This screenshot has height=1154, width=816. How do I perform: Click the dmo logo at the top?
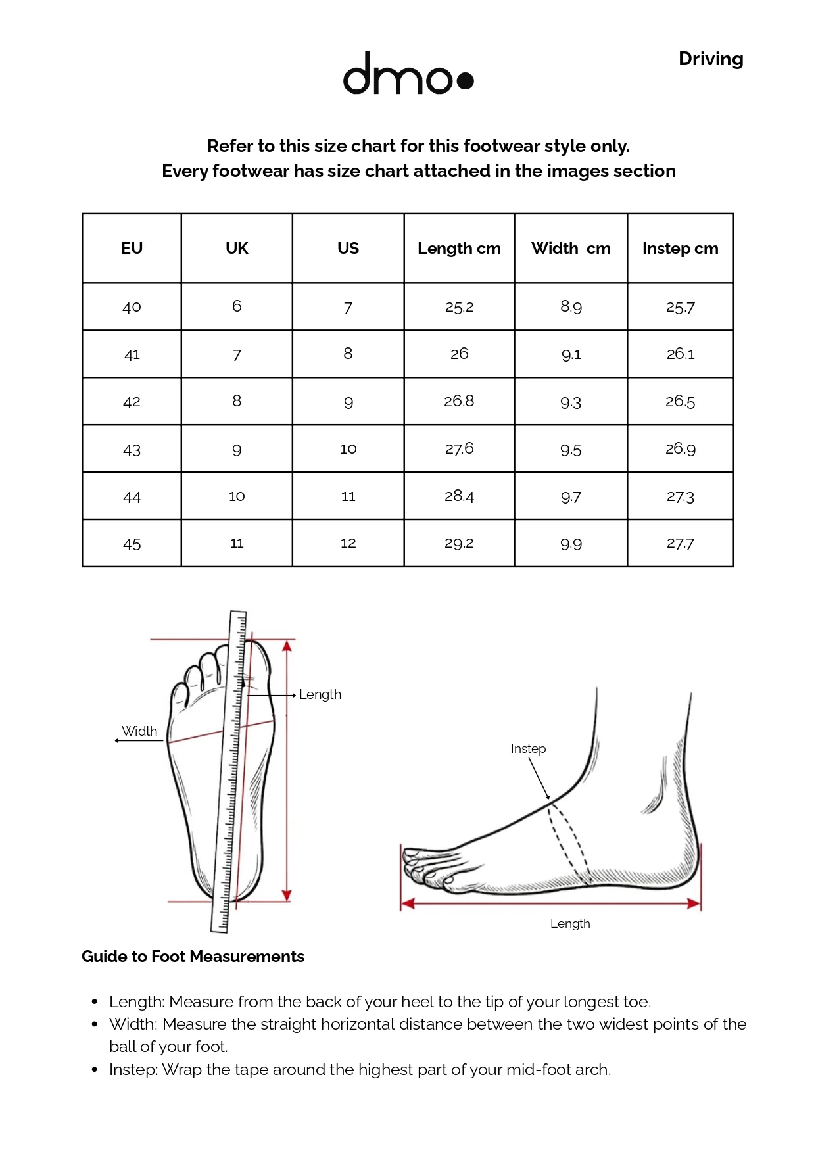pos(408,73)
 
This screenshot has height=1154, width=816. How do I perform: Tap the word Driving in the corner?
pos(711,59)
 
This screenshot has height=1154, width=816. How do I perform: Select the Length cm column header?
pos(459,249)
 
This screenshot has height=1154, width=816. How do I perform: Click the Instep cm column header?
pos(680,249)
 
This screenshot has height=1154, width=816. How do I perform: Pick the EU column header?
pos(132,249)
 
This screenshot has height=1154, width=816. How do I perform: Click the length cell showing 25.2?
pos(459,307)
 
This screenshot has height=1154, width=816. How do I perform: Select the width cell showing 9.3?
pos(571,402)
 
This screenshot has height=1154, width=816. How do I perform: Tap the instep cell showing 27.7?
pos(680,544)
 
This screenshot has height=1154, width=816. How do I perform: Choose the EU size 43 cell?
pos(132,450)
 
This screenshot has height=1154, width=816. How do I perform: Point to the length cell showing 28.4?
pos(459,496)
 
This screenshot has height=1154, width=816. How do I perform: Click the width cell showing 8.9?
pos(571,307)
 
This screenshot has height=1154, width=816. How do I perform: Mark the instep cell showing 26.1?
pos(680,354)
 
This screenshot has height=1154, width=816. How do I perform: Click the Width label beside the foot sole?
pos(139,731)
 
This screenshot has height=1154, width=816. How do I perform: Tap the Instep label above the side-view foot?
pos(528,749)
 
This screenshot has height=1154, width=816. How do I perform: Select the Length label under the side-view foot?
pos(570,924)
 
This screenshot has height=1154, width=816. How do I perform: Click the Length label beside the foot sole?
pos(320,695)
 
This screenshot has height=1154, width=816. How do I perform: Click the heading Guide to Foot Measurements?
pos(193,957)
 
